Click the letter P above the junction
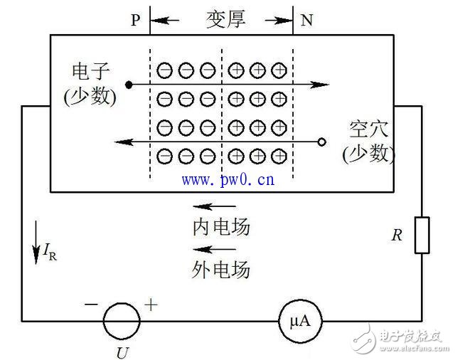click(x=136, y=20)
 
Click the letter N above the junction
click(x=306, y=21)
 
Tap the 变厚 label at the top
click(x=226, y=19)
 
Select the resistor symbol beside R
click(x=422, y=235)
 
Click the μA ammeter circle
click(x=300, y=321)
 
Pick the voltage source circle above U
click(x=122, y=321)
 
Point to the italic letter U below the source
click(x=122, y=353)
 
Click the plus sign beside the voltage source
click(x=151, y=305)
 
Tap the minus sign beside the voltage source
click(x=91, y=305)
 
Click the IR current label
click(x=50, y=252)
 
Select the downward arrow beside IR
click(x=36, y=243)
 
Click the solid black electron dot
click(x=129, y=85)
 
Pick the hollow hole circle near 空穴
click(x=322, y=142)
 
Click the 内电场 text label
click(x=221, y=227)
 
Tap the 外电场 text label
click(x=221, y=270)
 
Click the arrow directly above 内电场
click(x=215, y=206)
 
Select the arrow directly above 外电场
click(x=215, y=249)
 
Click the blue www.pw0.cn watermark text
click(x=228, y=180)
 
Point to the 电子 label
click(x=90, y=71)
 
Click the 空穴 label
click(x=368, y=129)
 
